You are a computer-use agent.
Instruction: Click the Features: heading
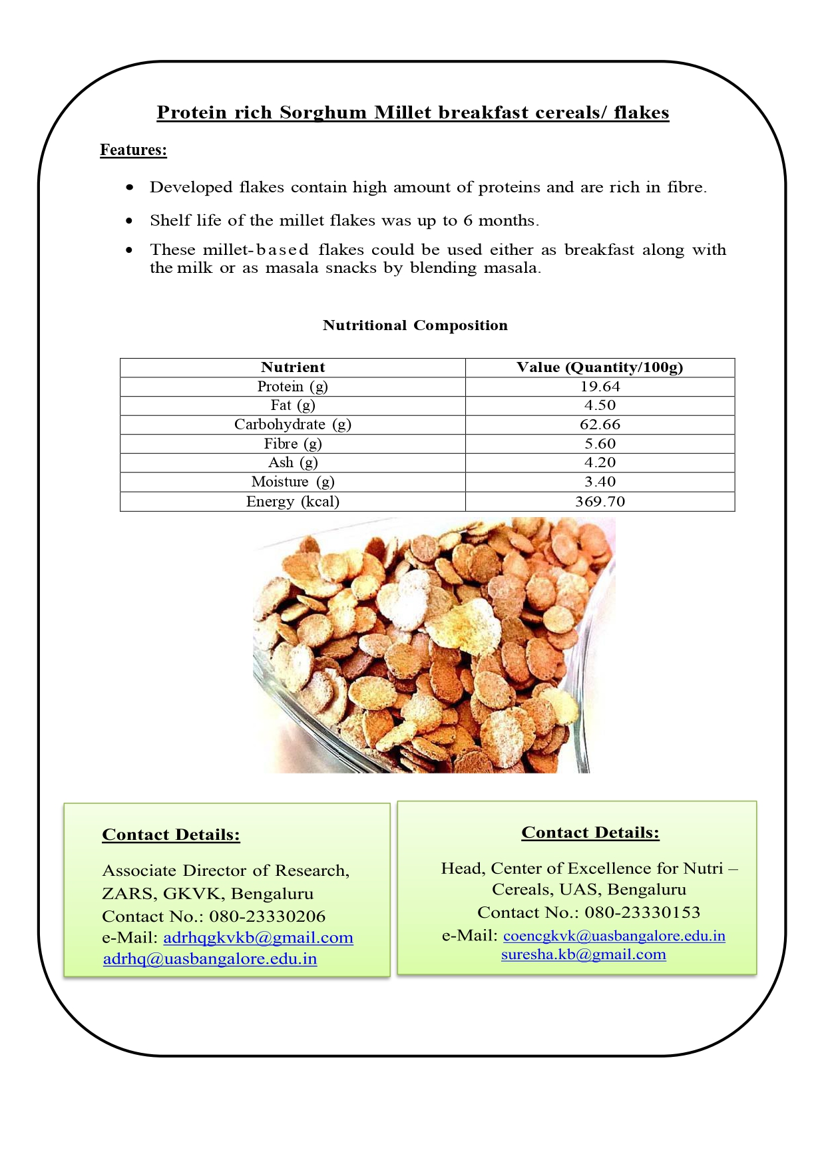click(133, 150)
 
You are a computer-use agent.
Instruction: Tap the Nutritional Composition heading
click(415, 325)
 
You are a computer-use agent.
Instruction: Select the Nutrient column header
click(293, 367)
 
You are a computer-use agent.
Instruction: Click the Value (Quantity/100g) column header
click(600, 367)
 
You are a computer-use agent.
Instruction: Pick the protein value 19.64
click(600, 387)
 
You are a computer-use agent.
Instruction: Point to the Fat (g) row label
click(293, 405)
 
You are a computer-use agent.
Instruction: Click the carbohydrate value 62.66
click(600, 425)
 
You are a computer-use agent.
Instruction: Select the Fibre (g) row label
click(293, 444)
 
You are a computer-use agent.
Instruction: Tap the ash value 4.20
click(600, 463)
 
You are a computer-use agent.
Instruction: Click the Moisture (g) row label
click(293, 482)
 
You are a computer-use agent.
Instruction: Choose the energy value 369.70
click(600, 502)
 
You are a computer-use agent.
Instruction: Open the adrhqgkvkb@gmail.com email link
click(258, 938)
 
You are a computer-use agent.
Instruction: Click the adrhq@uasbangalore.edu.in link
click(210, 959)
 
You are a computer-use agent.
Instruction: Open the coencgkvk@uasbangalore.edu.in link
click(614, 936)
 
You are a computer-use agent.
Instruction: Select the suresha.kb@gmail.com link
click(583, 954)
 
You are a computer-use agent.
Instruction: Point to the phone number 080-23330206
click(268, 916)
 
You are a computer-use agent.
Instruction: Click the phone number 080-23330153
click(642, 912)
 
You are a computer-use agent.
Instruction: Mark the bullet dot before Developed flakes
click(130, 188)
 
